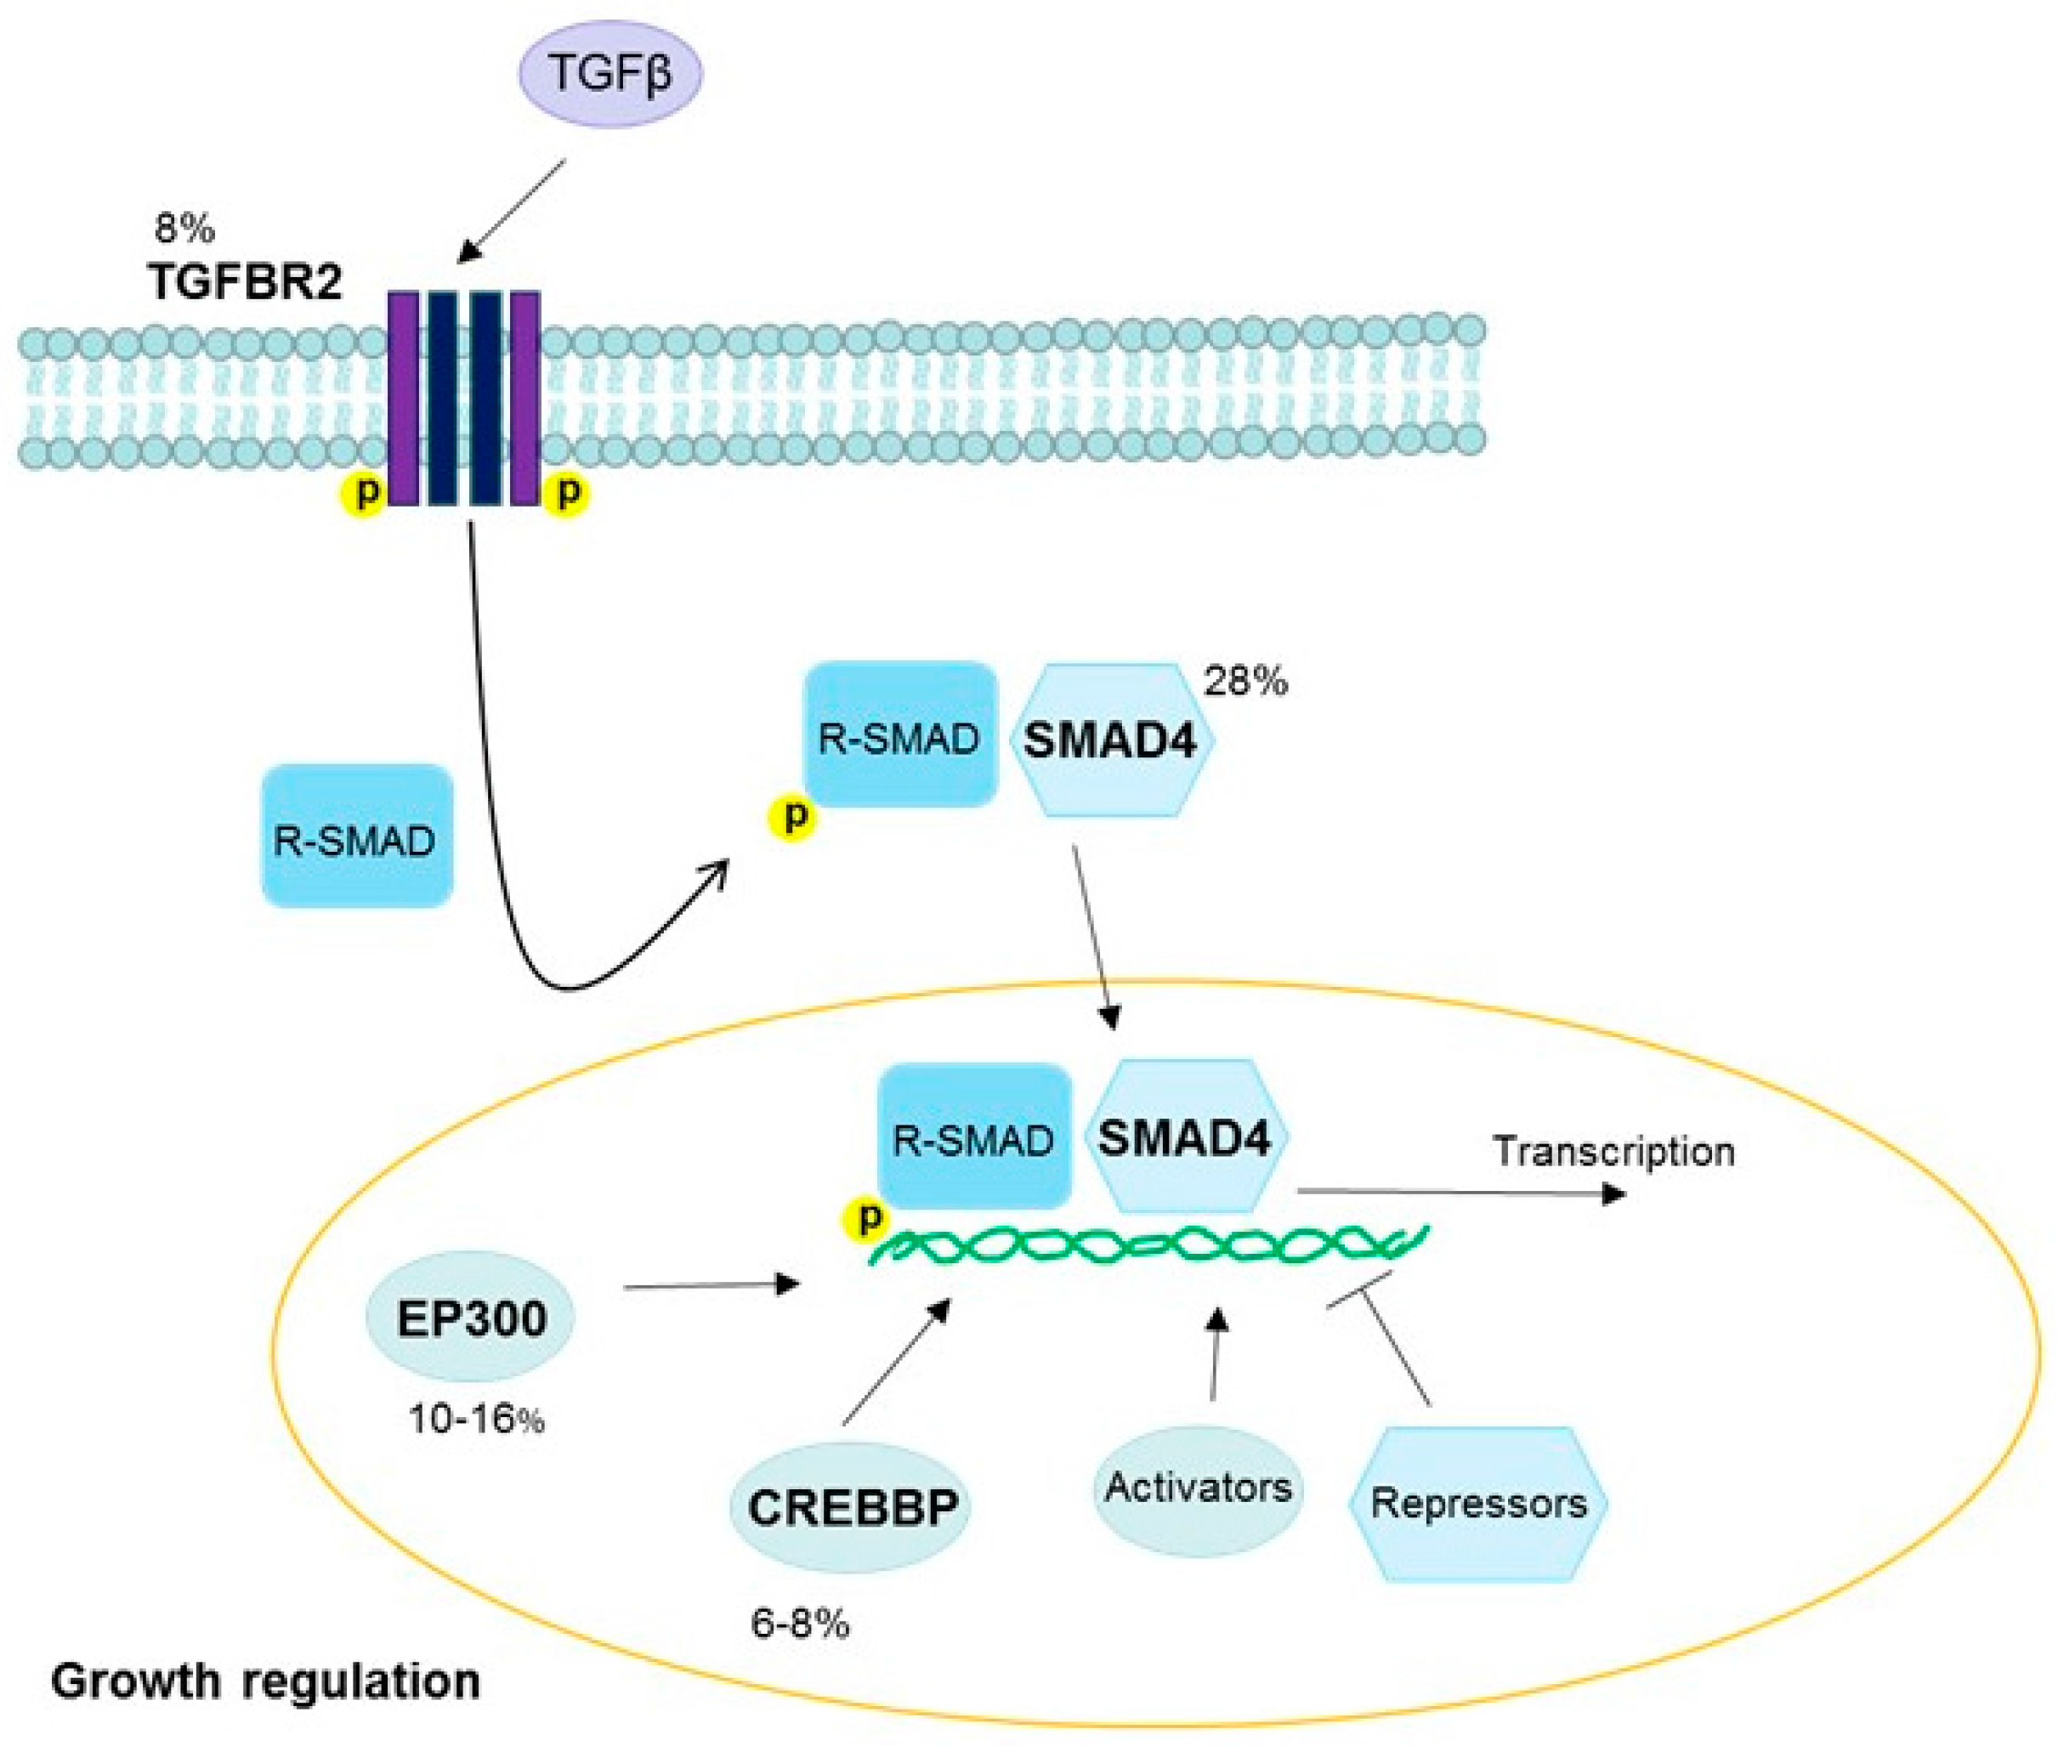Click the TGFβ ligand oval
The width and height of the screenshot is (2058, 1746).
click(610, 74)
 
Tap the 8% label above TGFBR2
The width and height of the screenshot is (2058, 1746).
click(184, 229)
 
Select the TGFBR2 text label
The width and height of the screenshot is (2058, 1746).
click(246, 282)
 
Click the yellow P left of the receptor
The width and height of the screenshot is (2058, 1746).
click(366, 492)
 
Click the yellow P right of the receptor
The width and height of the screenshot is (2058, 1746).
click(567, 492)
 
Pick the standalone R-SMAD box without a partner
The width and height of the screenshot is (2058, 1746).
click(356, 836)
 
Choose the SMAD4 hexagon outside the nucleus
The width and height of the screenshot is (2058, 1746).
click(1111, 739)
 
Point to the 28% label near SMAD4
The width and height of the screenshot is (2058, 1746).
click(1245, 682)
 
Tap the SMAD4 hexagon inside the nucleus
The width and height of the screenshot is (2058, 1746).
click(1185, 1138)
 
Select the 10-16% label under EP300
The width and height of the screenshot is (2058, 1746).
click(476, 1421)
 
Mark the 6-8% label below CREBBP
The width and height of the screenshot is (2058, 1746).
click(800, 1624)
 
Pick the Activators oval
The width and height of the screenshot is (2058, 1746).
click(1198, 1488)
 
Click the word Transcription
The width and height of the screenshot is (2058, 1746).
click(1613, 1151)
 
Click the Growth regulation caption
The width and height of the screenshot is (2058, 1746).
click(265, 1681)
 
